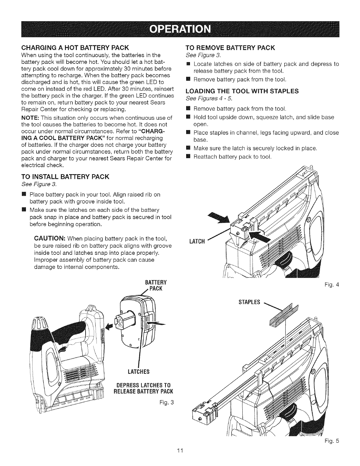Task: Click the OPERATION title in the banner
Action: coord(180,29)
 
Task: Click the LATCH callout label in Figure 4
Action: coord(197,242)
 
